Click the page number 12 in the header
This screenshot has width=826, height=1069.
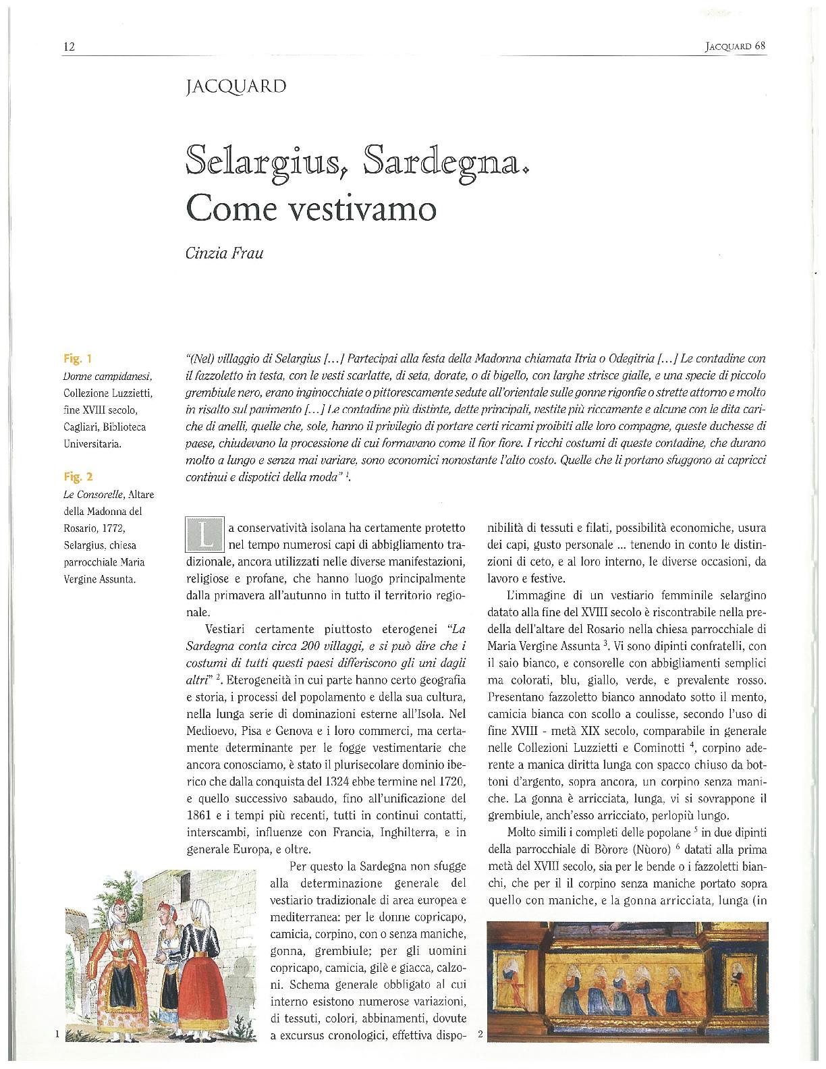tap(68, 47)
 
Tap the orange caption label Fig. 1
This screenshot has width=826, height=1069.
tap(73, 358)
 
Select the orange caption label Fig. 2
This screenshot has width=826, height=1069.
tap(73, 477)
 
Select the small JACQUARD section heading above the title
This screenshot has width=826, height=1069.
tap(233, 87)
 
